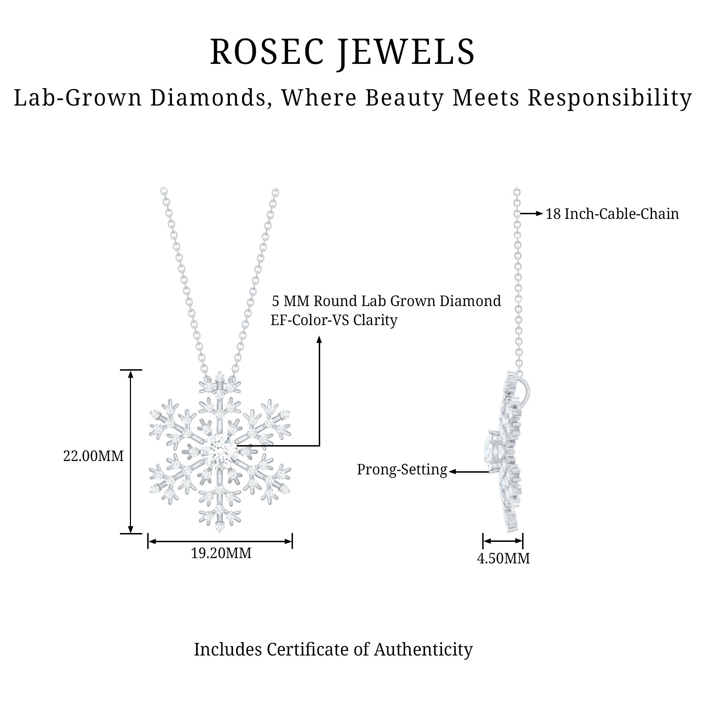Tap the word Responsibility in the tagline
point(610,98)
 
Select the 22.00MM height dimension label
point(93,456)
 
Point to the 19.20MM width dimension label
point(221,553)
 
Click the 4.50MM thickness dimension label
point(503,558)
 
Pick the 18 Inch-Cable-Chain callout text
point(612,214)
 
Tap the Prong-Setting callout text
point(402,469)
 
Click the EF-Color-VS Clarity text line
point(334,321)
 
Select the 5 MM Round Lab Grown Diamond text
point(386,301)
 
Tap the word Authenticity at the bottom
point(423,650)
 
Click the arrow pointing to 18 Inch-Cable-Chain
point(532,214)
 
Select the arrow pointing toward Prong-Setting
point(469,472)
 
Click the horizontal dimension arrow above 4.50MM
point(503,541)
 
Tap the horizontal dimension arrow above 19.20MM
point(220,541)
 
